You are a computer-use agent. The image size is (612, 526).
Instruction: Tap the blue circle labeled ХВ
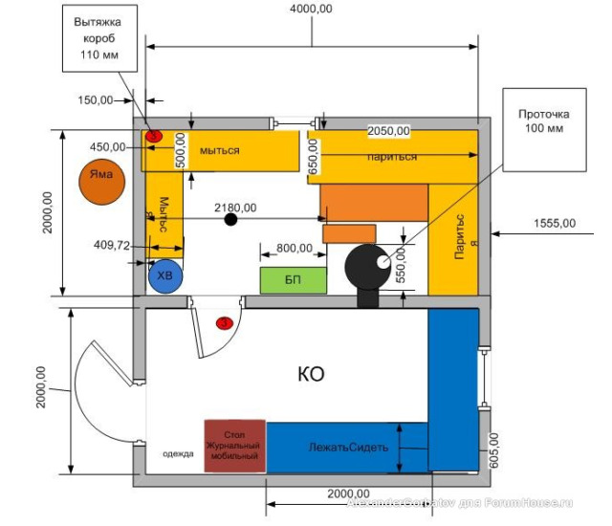(x=164, y=276)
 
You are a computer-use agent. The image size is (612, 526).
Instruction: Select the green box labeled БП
(x=294, y=281)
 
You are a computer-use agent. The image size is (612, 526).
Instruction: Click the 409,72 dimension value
(x=112, y=245)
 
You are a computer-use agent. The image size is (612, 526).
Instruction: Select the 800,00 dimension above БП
(x=294, y=248)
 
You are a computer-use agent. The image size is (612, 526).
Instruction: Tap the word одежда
(x=178, y=455)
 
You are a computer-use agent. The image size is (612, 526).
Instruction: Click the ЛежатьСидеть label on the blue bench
(x=345, y=447)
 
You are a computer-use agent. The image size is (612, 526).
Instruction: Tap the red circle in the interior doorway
(x=225, y=323)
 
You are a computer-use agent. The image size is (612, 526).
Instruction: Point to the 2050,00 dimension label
(x=388, y=131)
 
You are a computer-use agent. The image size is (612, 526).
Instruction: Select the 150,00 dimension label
(x=95, y=99)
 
